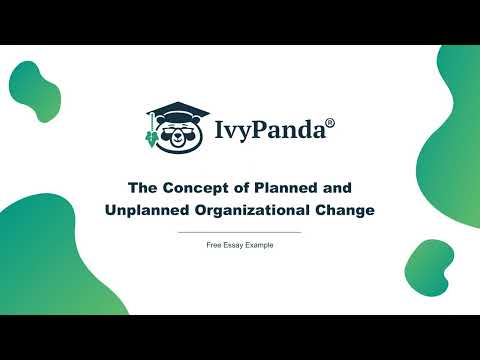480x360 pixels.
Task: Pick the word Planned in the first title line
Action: pos(292,188)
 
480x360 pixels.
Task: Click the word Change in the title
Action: pos(344,210)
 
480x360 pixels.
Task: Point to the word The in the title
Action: pos(142,188)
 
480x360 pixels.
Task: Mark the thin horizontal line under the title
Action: pos(239,232)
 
